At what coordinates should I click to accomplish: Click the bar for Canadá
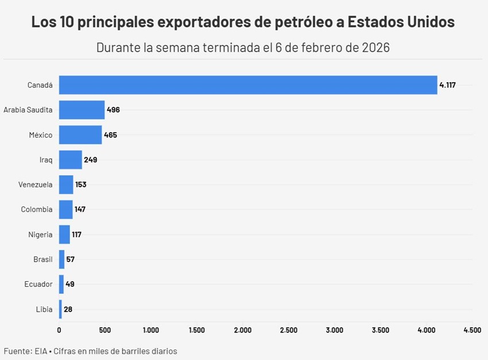click(248, 85)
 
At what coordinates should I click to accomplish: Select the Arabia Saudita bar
click(82, 110)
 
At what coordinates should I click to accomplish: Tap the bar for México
click(80, 135)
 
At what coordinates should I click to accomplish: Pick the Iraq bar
click(71, 160)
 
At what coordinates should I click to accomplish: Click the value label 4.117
click(447, 85)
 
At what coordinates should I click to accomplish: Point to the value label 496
click(113, 110)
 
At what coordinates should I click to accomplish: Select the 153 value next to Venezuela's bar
click(81, 185)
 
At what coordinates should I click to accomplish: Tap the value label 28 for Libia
click(68, 309)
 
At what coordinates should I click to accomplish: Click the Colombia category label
click(37, 210)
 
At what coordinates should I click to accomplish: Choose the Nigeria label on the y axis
click(40, 234)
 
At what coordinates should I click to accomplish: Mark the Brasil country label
click(43, 260)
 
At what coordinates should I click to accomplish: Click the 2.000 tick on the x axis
click(243, 330)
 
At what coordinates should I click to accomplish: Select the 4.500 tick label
click(472, 330)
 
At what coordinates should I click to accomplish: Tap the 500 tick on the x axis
click(105, 330)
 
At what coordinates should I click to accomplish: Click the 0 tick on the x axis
click(59, 330)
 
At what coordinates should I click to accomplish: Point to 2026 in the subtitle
click(376, 48)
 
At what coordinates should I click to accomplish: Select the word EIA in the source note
click(41, 350)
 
